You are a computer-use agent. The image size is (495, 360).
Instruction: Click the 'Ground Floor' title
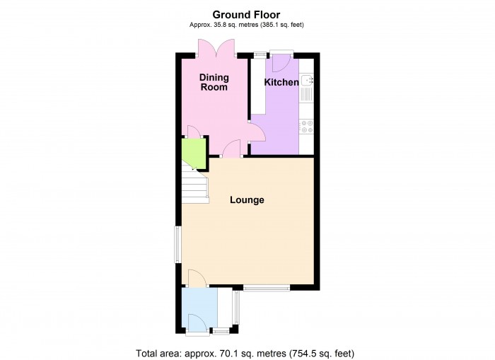click(247, 14)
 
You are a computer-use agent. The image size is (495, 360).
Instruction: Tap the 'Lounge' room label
click(247, 200)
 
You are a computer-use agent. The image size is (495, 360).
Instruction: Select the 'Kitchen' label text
click(281, 83)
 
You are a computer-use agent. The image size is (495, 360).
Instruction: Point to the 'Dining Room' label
click(214, 82)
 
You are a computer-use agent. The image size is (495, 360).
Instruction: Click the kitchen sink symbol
click(307, 80)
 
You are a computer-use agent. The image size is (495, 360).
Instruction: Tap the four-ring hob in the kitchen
click(307, 127)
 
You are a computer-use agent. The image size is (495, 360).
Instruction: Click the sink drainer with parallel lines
click(307, 93)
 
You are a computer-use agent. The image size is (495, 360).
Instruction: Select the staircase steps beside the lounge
click(194, 187)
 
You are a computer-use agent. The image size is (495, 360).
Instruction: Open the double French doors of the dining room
click(216, 49)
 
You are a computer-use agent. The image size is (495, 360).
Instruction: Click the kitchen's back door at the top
click(279, 62)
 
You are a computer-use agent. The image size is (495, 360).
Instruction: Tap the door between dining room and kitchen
click(255, 131)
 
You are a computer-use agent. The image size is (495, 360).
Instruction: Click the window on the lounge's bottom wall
click(267, 288)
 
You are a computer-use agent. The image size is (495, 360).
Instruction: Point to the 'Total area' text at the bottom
click(245, 352)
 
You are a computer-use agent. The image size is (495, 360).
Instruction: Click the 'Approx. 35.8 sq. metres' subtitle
click(247, 25)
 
